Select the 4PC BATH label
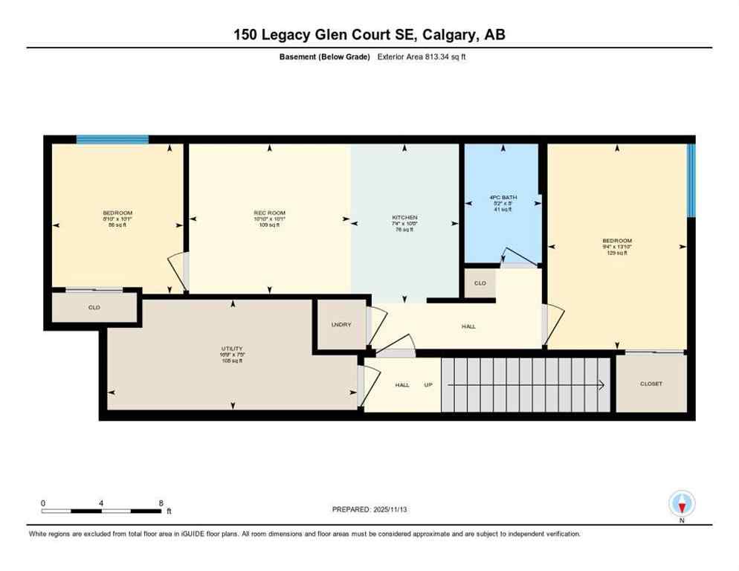click(x=503, y=198)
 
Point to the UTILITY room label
click(x=232, y=349)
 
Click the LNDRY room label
click(x=341, y=325)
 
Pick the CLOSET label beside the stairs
click(x=651, y=384)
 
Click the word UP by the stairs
click(x=427, y=384)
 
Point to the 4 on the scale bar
click(x=100, y=503)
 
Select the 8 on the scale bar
click(x=161, y=503)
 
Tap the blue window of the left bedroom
click(x=112, y=139)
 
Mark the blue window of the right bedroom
click(x=691, y=180)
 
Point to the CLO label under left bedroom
click(x=94, y=307)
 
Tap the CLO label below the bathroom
click(x=480, y=283)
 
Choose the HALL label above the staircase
click(x=468, y=326)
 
